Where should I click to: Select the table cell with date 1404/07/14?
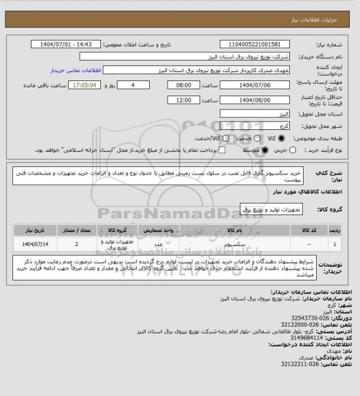click(x=33, y=243)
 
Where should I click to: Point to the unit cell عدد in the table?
click(x=157, y=243)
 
